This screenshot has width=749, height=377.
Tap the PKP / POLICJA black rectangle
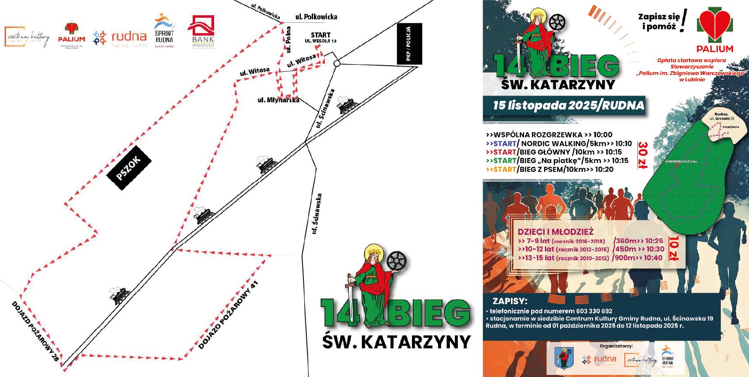[x=409, y=44]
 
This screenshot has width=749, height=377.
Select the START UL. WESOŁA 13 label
[x=321, y=37]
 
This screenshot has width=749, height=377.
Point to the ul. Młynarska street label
[x=278, y=100]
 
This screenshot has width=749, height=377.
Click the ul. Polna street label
[x=289, y=39]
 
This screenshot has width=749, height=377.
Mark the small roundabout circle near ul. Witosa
[x=337, y=63]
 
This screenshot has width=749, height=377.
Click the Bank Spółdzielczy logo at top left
[x=203, y=31]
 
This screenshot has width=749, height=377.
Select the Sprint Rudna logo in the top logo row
[x=165, y=30]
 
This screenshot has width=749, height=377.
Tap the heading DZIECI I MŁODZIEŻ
[x=555, y=232]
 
